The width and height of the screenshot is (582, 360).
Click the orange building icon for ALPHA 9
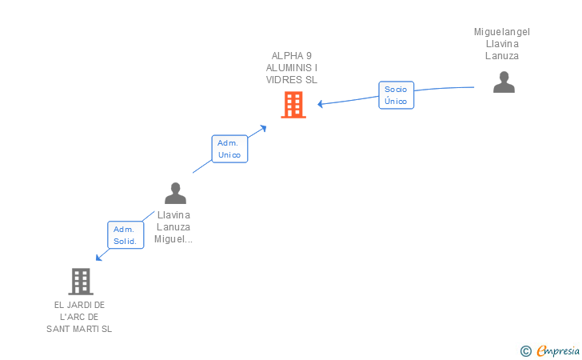[x=293, y=105]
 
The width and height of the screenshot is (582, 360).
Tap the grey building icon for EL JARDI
[x=81, y=282]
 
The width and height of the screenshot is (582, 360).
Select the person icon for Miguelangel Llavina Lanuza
[x=504, y=82]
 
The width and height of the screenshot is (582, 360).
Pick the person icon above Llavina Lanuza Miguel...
[x=175, y=193]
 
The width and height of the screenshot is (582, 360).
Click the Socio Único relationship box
[x=396, y=95]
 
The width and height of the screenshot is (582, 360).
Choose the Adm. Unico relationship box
[x=229, y=149]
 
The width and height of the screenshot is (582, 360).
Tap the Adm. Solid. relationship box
[x=126, y=235]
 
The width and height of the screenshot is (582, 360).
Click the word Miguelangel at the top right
[x=502, y=32]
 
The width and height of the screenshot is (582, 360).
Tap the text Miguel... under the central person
[x=173, y=239]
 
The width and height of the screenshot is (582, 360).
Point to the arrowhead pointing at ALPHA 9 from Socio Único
[x=320, y=104]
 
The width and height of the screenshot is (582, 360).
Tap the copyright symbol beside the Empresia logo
[x=525, y=350]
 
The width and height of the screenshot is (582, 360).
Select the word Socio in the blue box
[x=396, y=90]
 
